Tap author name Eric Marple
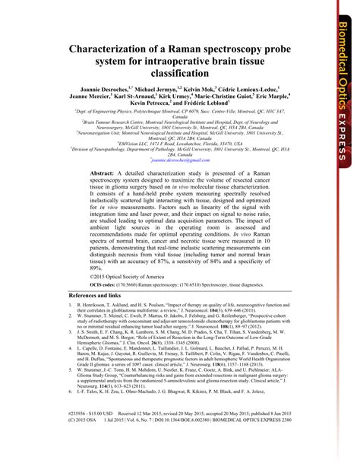click(270, 98)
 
